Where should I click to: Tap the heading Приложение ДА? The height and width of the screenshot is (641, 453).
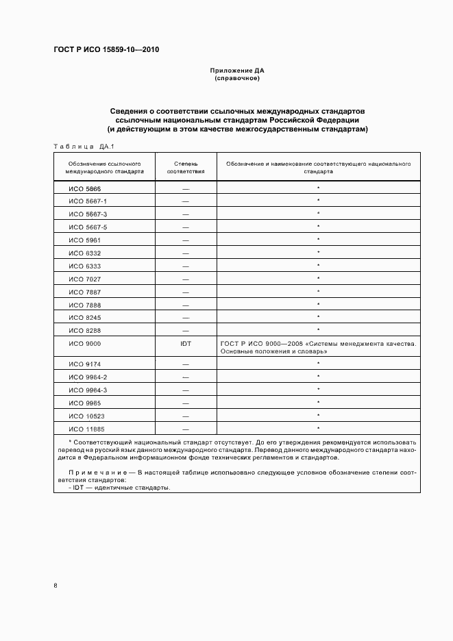pyautogui.click(x=236, y=71)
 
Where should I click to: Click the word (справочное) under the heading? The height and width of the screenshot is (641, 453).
pyautogui.click(x=236, y=78)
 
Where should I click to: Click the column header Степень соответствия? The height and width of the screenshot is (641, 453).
pyautogui.click(x=186, y=168)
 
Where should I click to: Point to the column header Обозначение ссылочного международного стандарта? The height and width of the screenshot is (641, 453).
pyautogui.click(x=105, y=168)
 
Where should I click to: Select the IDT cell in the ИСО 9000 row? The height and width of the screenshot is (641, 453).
pyautogui.click(x=186, y=343)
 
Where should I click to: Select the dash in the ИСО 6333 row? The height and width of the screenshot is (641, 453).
pyautogui.click(x=186, y=266)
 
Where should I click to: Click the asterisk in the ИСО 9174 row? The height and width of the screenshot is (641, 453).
pyautogui.click(x=319, y=364)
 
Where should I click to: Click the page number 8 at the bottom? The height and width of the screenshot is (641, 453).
pyautogui.click(x=56, y=585)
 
